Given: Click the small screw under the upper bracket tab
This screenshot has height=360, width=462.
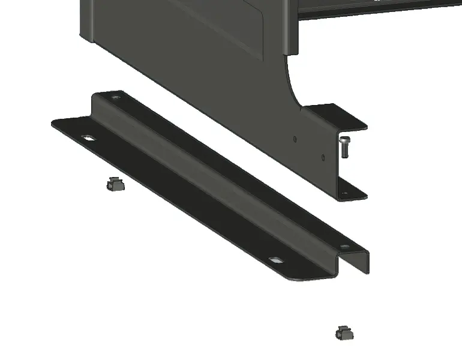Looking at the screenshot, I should pyautogui.click(x=344, y=146).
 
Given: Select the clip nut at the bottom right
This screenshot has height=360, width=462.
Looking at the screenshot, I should pyautogui.click(x=344, y=332).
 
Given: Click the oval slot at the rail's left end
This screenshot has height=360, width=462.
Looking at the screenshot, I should pyautogui.click(x=89, y=138).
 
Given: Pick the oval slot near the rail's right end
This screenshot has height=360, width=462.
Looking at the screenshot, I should pyautogui.click(x=275, y=260).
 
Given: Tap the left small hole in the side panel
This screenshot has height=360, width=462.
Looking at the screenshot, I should pyautogui.click(x=295, y=139).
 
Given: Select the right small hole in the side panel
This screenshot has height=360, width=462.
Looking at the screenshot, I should pyautogui.click(x=323, y=157).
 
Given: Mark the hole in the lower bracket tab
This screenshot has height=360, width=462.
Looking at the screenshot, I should pyautogui.click(x=344, y=193).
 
